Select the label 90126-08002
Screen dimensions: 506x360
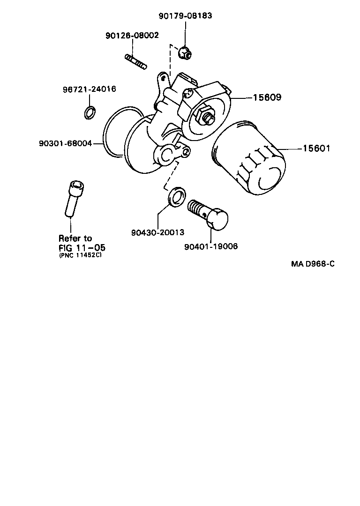[132, 35]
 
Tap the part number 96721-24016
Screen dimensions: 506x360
[90, 89]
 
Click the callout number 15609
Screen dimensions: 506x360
[267, 98]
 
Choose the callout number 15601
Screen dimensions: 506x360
[316, 149]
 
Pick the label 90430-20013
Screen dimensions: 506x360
[157, 232]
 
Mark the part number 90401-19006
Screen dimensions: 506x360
[211, 246]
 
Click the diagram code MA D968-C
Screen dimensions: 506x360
[313, 263]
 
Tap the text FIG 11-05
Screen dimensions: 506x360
[79, 247]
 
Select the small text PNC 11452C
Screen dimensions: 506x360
[80, 255]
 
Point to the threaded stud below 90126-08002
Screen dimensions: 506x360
[136, 61]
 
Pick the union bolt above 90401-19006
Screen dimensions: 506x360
[208, 214]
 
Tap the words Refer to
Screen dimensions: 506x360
[75, 238]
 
